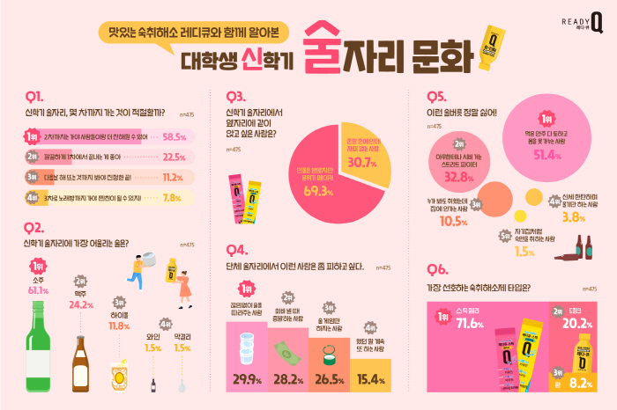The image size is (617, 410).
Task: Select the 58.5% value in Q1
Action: point(174,137)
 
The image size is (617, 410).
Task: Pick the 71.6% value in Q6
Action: point(472,325)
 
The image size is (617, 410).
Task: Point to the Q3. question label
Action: point(236,96)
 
